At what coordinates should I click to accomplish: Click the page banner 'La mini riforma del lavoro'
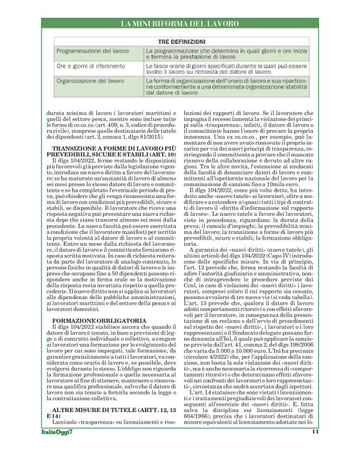coord(180,24)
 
